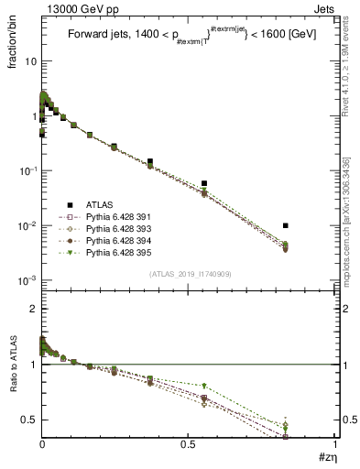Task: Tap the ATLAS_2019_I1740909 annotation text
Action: [x=189, y=275]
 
